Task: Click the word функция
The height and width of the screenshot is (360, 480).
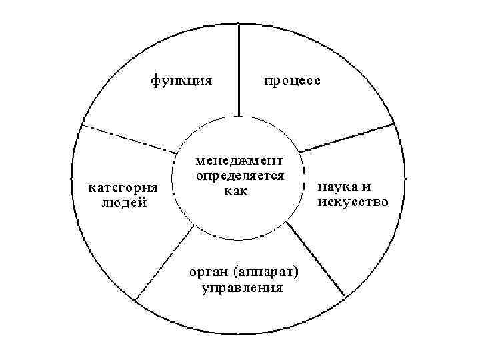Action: [x=181, y=82]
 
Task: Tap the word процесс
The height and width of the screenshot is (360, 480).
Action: [x=292, y=82]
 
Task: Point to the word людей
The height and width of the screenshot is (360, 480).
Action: [x=124, y=203]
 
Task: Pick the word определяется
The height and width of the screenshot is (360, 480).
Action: [x=239, y=177]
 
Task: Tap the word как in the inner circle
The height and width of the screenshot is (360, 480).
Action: [x=235, y=192]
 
